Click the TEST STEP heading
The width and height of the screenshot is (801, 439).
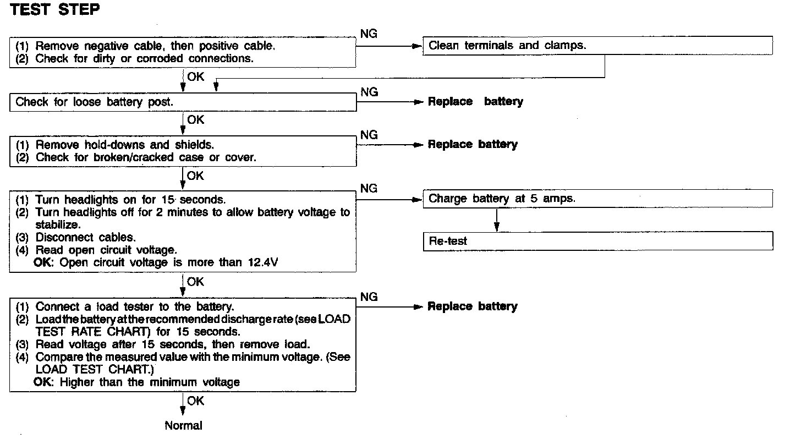[55, 11]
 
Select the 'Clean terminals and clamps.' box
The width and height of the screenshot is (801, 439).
[597, 46]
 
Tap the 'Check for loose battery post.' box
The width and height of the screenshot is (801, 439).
[183, 102]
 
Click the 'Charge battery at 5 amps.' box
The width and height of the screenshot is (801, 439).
[597, 199]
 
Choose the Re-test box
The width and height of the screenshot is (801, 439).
[597, 241]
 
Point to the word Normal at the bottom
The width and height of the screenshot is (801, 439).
[183, 425]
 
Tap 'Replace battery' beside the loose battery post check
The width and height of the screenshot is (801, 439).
[475, 102]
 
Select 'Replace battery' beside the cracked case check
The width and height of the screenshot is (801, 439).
[473, 145]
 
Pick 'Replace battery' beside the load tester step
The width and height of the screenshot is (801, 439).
[473, 306]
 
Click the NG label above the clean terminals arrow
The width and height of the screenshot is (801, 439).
[369, 34]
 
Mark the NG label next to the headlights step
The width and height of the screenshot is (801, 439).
[369, 189]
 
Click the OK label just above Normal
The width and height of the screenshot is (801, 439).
[195, 401]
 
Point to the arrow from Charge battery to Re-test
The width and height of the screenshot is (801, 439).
[496, 219]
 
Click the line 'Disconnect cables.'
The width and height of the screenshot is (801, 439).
[85, 238]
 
